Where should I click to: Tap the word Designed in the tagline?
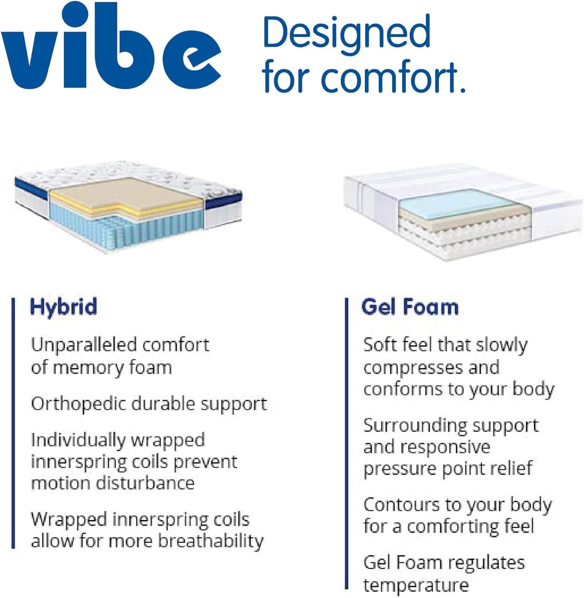point(346,32)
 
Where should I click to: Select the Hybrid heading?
point(63,307)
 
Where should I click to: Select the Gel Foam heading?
point(410,307)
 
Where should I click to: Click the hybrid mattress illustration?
point(128,207)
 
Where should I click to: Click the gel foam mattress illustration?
point(462,211)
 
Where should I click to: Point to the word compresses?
point(412,368)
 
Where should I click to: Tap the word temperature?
point(416,585)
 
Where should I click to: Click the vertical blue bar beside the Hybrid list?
point(14,423)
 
